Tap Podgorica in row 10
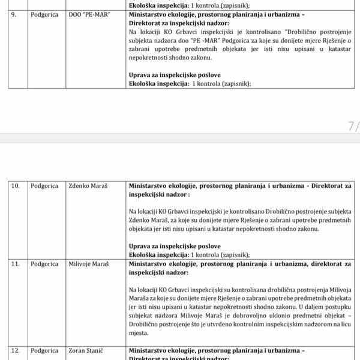pos(46,187)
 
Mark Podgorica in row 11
pos(46,264)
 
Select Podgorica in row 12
pos(46,350)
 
